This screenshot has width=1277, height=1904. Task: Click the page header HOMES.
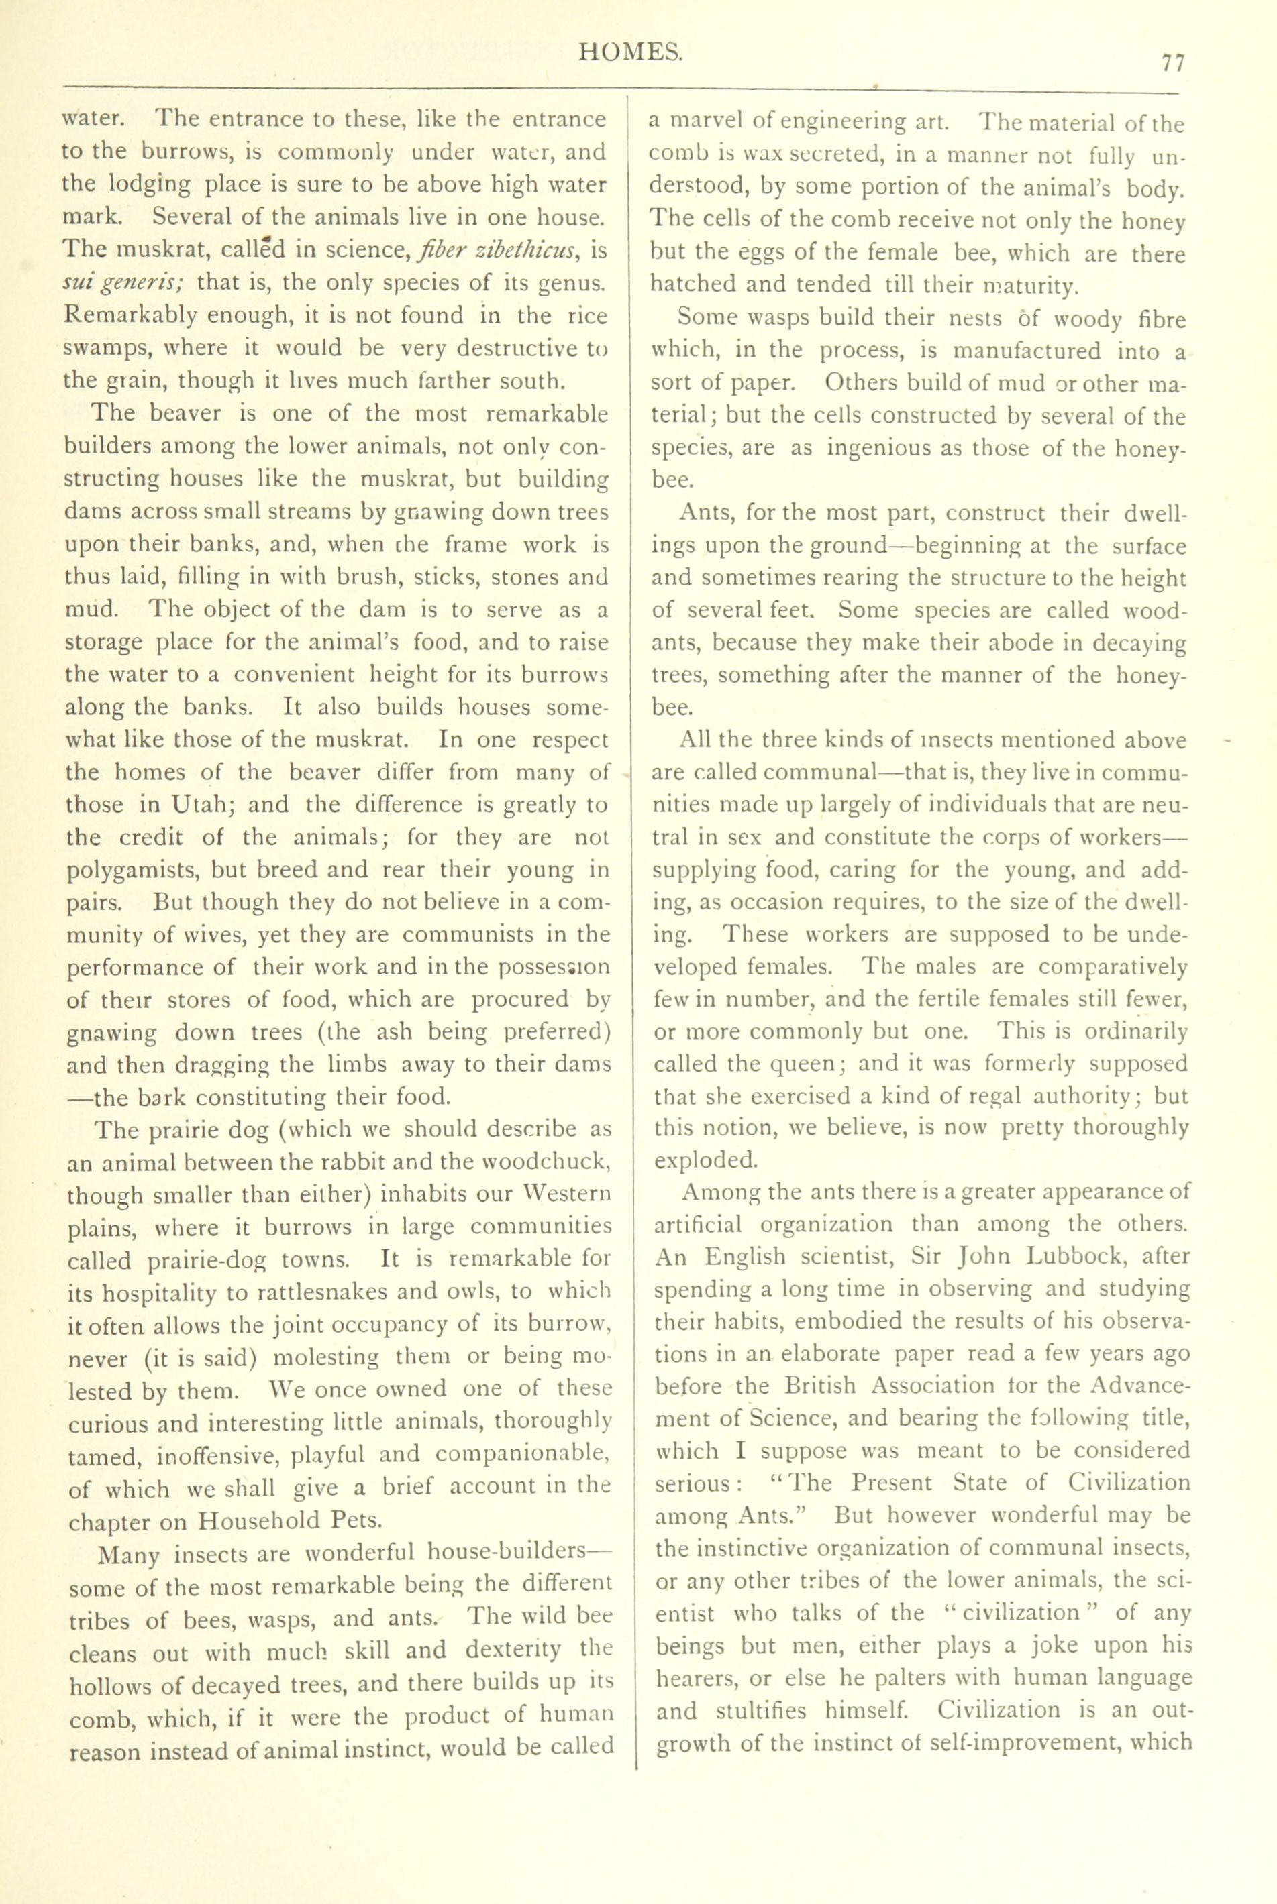pyautogui.click(x=630, y=53)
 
